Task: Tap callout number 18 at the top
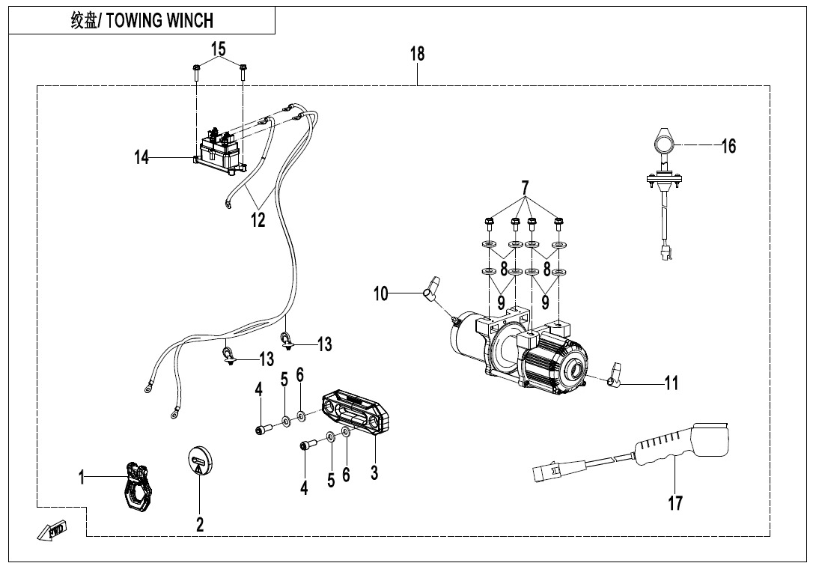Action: coord(417,54)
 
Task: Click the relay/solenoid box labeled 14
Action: coord(219,152)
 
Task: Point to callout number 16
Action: coord(728,145)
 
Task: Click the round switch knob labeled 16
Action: coord(663,140)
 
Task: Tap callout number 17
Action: coord(675,502)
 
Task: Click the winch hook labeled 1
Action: coord(138,487)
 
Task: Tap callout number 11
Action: coord(672,383)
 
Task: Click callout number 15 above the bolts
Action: coord(218,49)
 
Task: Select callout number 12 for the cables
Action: coord(258,221)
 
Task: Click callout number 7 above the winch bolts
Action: coord(525,186)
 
